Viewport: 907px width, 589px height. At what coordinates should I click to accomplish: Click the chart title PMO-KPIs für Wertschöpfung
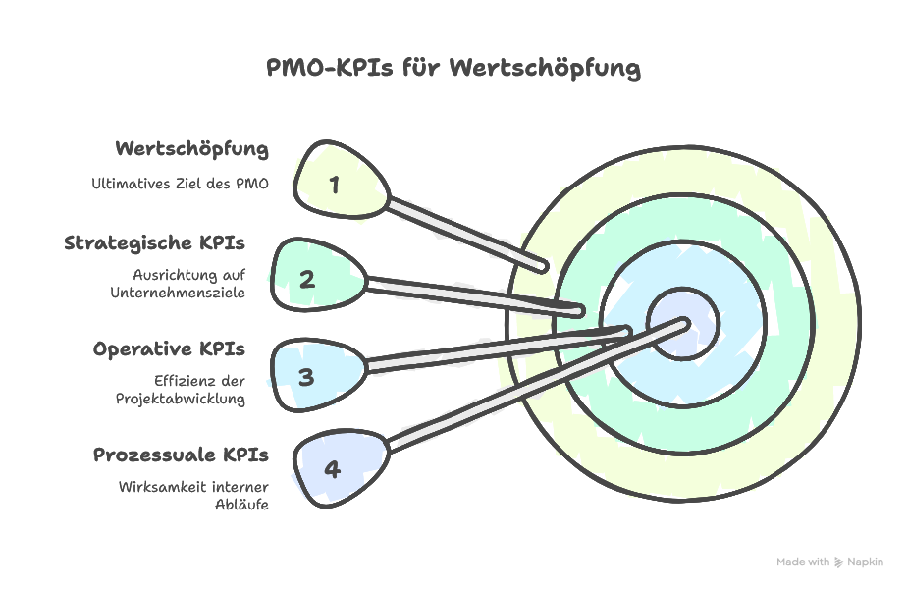click(x=453, y=68)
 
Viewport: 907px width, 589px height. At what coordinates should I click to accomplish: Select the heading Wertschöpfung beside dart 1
click(x=191, y=149)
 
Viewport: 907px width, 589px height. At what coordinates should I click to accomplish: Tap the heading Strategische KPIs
click(x=154, y=242)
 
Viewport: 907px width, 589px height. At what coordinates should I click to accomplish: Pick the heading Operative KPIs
click(x=169, y=348)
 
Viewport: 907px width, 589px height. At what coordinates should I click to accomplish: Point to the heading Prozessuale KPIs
click(x=181, y=455)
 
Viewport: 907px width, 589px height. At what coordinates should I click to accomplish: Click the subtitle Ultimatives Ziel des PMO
click(x=180, y=183)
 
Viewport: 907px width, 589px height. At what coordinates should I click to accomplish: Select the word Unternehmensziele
click(x=190, y=293)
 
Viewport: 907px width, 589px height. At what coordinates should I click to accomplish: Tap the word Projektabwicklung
click(x=186, y=399)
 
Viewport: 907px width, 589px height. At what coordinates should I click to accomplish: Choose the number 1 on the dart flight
click(x=335, y=184)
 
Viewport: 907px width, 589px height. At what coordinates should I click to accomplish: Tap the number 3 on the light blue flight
click(x=306, y=376)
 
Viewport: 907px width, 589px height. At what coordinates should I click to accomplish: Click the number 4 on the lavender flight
click(x=332, y=469)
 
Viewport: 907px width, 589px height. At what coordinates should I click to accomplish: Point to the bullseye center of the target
click(x=683, y=323)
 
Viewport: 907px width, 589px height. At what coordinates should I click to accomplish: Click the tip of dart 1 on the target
click(x=543, y=266)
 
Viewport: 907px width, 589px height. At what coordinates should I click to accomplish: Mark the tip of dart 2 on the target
click(x=581, y=311)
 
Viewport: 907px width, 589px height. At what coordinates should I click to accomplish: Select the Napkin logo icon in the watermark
click(x=838, y=562)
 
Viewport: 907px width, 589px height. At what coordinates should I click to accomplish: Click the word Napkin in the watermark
click(x=865, y=562)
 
